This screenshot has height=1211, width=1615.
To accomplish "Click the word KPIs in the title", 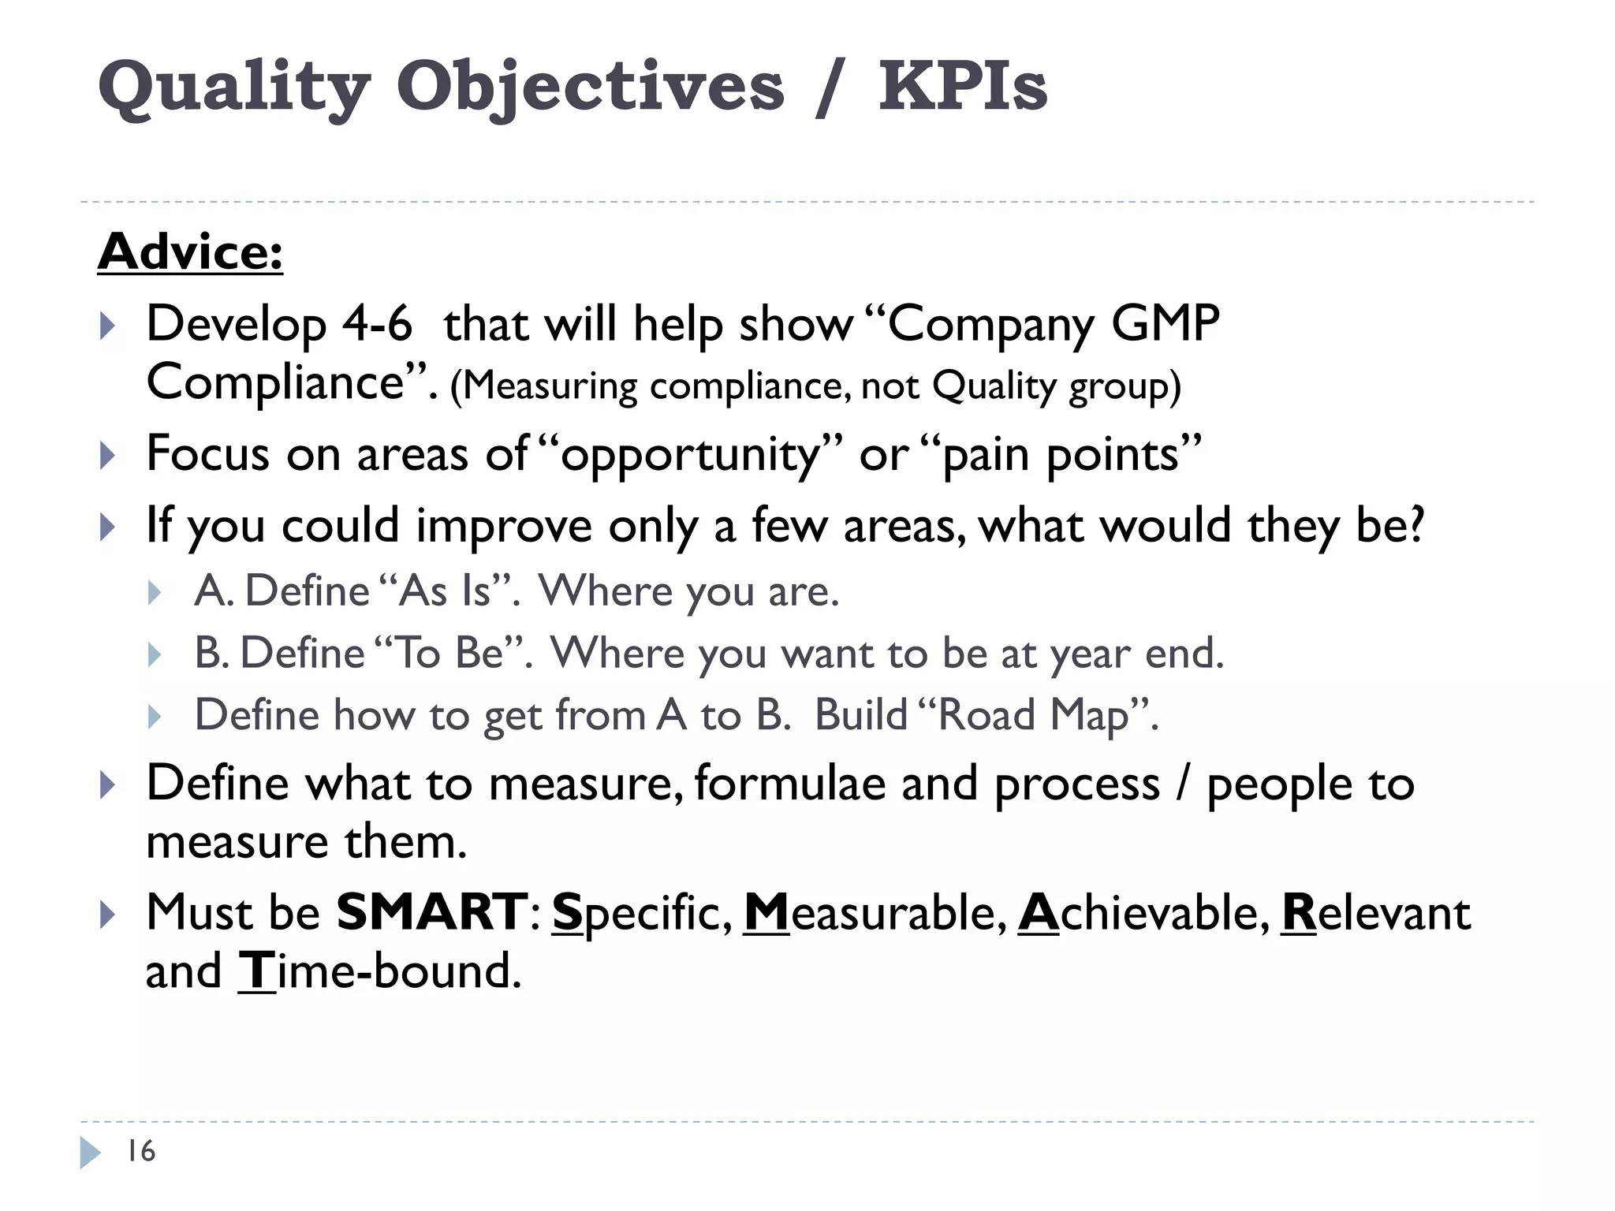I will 963,87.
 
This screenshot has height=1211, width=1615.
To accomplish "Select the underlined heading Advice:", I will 190,252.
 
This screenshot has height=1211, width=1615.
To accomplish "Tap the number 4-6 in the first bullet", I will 377,323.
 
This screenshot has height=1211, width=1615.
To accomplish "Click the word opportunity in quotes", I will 691,456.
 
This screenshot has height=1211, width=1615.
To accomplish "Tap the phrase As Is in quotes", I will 446,591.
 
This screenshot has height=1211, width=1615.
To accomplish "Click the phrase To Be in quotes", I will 449,653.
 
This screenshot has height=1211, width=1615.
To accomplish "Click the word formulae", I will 790,784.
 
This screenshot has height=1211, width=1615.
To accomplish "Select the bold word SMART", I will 432,912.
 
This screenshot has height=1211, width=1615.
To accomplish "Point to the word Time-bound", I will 380,971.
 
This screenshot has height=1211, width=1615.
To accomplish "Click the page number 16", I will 141,1151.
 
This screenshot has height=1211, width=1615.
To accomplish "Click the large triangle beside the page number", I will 90,1152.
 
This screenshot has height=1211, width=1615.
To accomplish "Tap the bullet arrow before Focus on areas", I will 108,456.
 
